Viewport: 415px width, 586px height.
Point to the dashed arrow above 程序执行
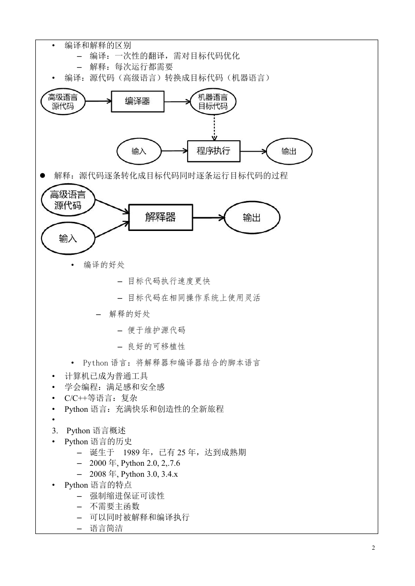214,128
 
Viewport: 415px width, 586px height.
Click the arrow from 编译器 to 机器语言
177,102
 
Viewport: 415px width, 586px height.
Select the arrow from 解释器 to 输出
209,218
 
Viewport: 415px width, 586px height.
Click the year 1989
132,452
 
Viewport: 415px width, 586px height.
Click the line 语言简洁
106,528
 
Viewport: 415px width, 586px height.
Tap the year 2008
98,474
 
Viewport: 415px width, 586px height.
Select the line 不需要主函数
115,506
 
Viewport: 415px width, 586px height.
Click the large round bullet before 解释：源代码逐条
43,176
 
